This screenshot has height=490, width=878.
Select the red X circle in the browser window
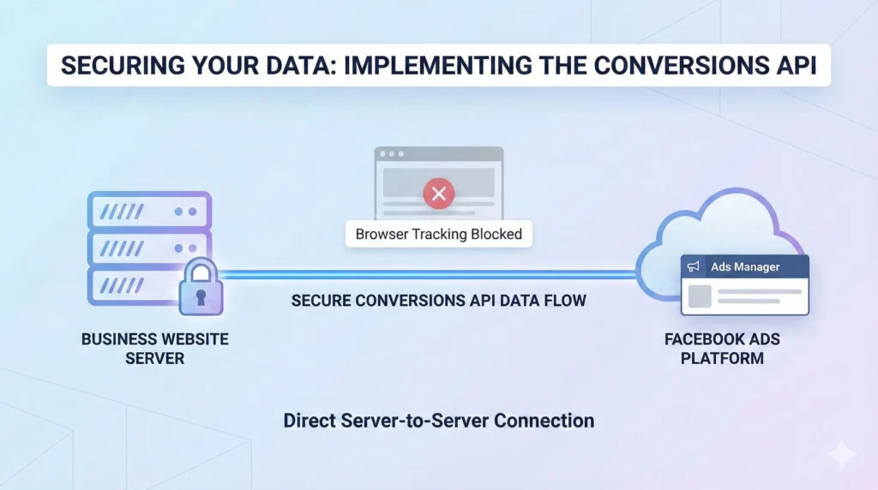(x=438, y=194)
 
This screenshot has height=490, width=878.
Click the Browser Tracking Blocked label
(x=438, y=234)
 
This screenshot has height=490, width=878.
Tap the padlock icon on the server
(x=201, y=288)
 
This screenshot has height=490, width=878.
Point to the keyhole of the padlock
(x=201, y=296)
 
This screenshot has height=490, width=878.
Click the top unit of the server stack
(x=148, y=211)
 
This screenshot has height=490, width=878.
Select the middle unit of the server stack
(x=148, y=248)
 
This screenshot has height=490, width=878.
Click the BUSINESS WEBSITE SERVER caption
(x=154, y=349)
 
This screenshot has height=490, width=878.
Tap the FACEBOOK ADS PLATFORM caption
(x=722, y=349)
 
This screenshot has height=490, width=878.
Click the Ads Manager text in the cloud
(x=745, y=267)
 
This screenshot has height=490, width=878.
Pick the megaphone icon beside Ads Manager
(x=695, y=267)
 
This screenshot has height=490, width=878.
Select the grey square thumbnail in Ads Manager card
(x=700, y=296)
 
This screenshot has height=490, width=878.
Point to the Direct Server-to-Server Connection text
(x=438, y=421)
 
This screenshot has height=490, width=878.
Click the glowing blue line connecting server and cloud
(x=429, y=275)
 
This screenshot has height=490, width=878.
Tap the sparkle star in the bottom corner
(x=842, y=455)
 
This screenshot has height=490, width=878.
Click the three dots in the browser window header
(x=391, y=154)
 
